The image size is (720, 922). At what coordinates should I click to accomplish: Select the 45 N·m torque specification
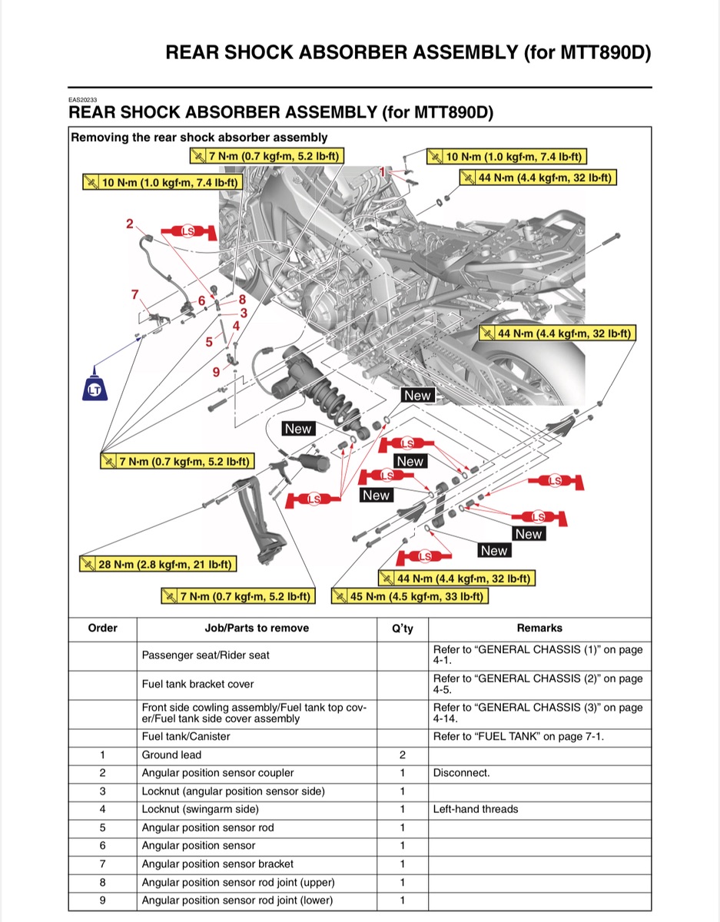(x=410, y=597)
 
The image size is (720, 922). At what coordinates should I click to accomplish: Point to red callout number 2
(x=130, y=224)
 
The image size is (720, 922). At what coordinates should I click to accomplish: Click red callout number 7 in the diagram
(x=135, y=294)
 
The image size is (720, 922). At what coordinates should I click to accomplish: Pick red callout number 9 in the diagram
(x=217, y=372)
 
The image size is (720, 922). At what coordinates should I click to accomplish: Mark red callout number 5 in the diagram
(x=209, y=341)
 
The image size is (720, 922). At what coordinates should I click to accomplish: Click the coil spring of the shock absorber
(x=332, y=394)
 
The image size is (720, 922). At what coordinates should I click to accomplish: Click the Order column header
(x=103, y=628)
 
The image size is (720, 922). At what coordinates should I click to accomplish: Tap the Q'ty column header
(x=403, y=628)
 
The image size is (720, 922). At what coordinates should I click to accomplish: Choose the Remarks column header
(x=539, y=628)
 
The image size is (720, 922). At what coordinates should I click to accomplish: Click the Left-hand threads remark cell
(x=476, y=809)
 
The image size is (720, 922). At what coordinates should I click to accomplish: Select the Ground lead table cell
(x=171, y=755)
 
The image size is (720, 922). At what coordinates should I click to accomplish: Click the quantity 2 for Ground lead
(x=403, y=755)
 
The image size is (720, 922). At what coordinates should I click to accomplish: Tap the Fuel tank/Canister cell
(x=186, y=737)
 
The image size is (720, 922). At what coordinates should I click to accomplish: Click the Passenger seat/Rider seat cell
(x=206, y=656)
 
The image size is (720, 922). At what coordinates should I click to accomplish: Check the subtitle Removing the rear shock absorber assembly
(x=199, y=138)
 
